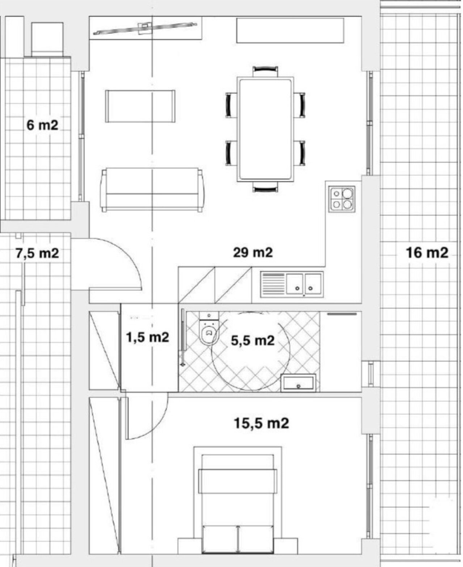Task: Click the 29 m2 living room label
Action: (x=252, y=252)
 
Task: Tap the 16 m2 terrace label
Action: (x=427, y=253)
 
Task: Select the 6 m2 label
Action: (x=42, y=125)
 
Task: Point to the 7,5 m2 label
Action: (x=37, y=253)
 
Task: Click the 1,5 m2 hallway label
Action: (x=148, y=337)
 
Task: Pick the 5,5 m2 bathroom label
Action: (x=252, y=340)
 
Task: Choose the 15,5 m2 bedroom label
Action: (x=261, y=423)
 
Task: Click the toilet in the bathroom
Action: (x=209, y=328)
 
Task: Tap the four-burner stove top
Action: (x=342, y=199)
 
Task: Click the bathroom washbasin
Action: (x=298, y=382)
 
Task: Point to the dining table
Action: (x=265, y=129)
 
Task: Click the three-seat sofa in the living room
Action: (x=152, y=190)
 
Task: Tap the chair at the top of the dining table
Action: (x=265, y=72)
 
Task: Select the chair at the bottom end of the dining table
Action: (x=265, y=187)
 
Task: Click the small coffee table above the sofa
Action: (x=140, y=106)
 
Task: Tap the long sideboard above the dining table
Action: (x=290, y=30)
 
